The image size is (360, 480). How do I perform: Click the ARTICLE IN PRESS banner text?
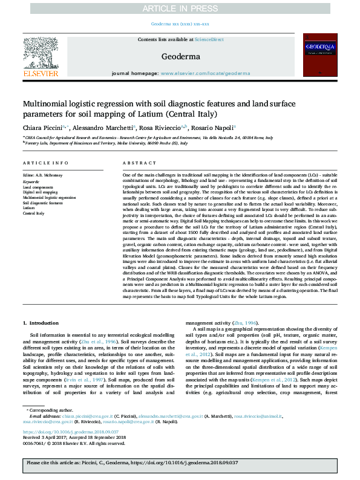(180, 8)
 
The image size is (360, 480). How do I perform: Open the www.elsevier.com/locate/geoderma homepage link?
(205, 73)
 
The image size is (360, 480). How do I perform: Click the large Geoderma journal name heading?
(180, 56)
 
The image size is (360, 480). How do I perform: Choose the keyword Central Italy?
(34, 213)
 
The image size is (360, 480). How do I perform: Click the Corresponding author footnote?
(49, 410)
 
